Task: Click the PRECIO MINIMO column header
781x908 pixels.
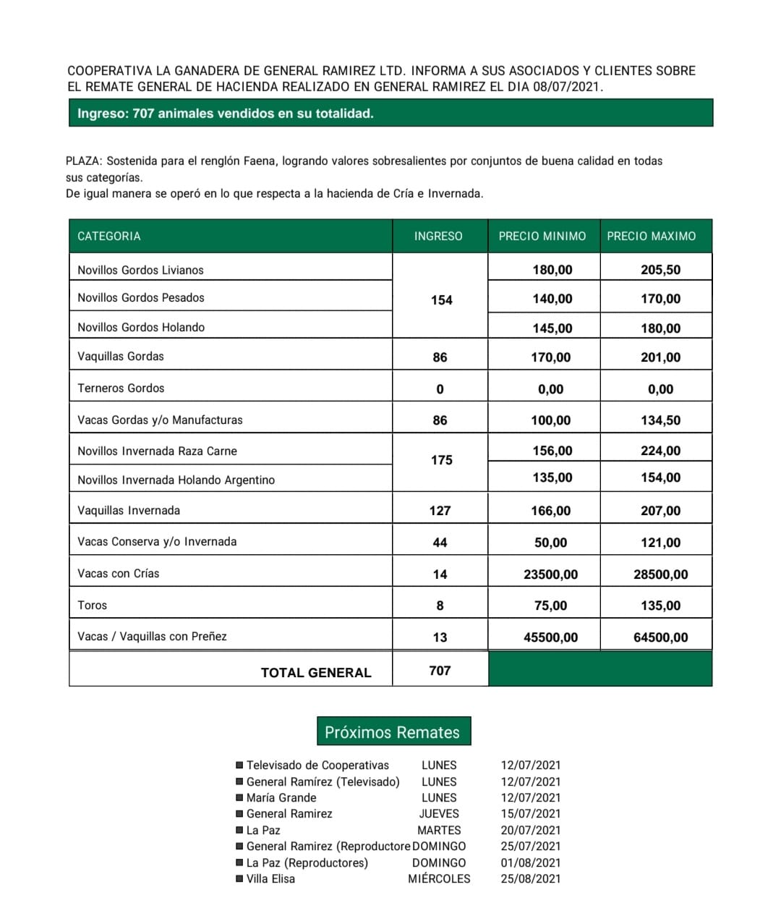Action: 542,236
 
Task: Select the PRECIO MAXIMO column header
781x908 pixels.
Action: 651,236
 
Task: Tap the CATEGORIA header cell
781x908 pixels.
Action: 109,236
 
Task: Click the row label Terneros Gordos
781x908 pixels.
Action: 121,388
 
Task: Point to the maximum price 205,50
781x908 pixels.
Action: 660,270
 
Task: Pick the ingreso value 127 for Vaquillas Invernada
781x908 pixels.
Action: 440,511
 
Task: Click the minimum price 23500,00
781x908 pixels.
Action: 550,574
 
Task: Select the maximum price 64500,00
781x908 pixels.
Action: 660,637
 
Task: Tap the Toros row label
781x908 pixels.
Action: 92,606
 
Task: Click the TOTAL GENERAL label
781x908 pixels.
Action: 316,672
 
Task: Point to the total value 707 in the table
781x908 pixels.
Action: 440,671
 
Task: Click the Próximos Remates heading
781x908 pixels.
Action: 393,732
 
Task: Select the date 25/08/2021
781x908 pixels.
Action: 530,878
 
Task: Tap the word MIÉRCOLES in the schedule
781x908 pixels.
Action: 439,878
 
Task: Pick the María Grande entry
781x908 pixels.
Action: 281,797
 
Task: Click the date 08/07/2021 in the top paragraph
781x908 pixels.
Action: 567,87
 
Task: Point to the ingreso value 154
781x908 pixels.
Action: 441,300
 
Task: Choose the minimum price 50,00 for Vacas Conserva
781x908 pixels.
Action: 550,543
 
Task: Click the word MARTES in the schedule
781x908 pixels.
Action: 439,830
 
